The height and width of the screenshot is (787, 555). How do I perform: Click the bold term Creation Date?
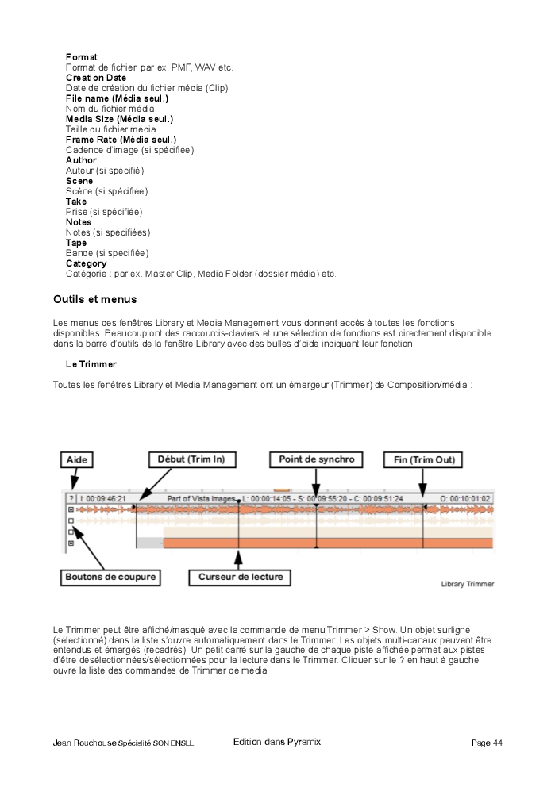[95, 78]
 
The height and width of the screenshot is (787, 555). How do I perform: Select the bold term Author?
[81, 160]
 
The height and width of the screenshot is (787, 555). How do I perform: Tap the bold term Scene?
[79, 181]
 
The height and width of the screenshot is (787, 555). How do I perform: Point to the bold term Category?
[86, 263]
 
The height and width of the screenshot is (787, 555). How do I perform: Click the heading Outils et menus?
[94, 299]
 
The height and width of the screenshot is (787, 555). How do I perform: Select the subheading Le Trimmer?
[91, 363]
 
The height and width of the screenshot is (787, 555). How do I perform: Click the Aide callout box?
[76, 459]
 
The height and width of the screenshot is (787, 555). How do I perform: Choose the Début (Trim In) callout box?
[191, 459]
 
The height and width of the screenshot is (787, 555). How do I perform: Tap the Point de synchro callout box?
[316, 459]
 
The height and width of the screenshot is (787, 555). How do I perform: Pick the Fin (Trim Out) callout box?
[423, 459]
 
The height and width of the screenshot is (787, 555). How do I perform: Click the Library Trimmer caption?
[467, 584]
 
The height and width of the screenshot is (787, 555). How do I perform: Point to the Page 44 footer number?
[487, 743]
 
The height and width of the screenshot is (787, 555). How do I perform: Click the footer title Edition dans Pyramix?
[277, 742]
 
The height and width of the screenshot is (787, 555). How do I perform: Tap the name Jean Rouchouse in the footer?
[84, 743]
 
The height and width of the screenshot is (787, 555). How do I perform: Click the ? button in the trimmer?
[71, 498]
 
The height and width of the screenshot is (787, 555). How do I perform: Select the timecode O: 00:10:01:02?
[464, 498]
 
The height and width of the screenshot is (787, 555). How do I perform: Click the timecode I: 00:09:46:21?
[103, 498]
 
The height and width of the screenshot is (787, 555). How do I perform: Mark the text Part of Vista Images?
[202, 498]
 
